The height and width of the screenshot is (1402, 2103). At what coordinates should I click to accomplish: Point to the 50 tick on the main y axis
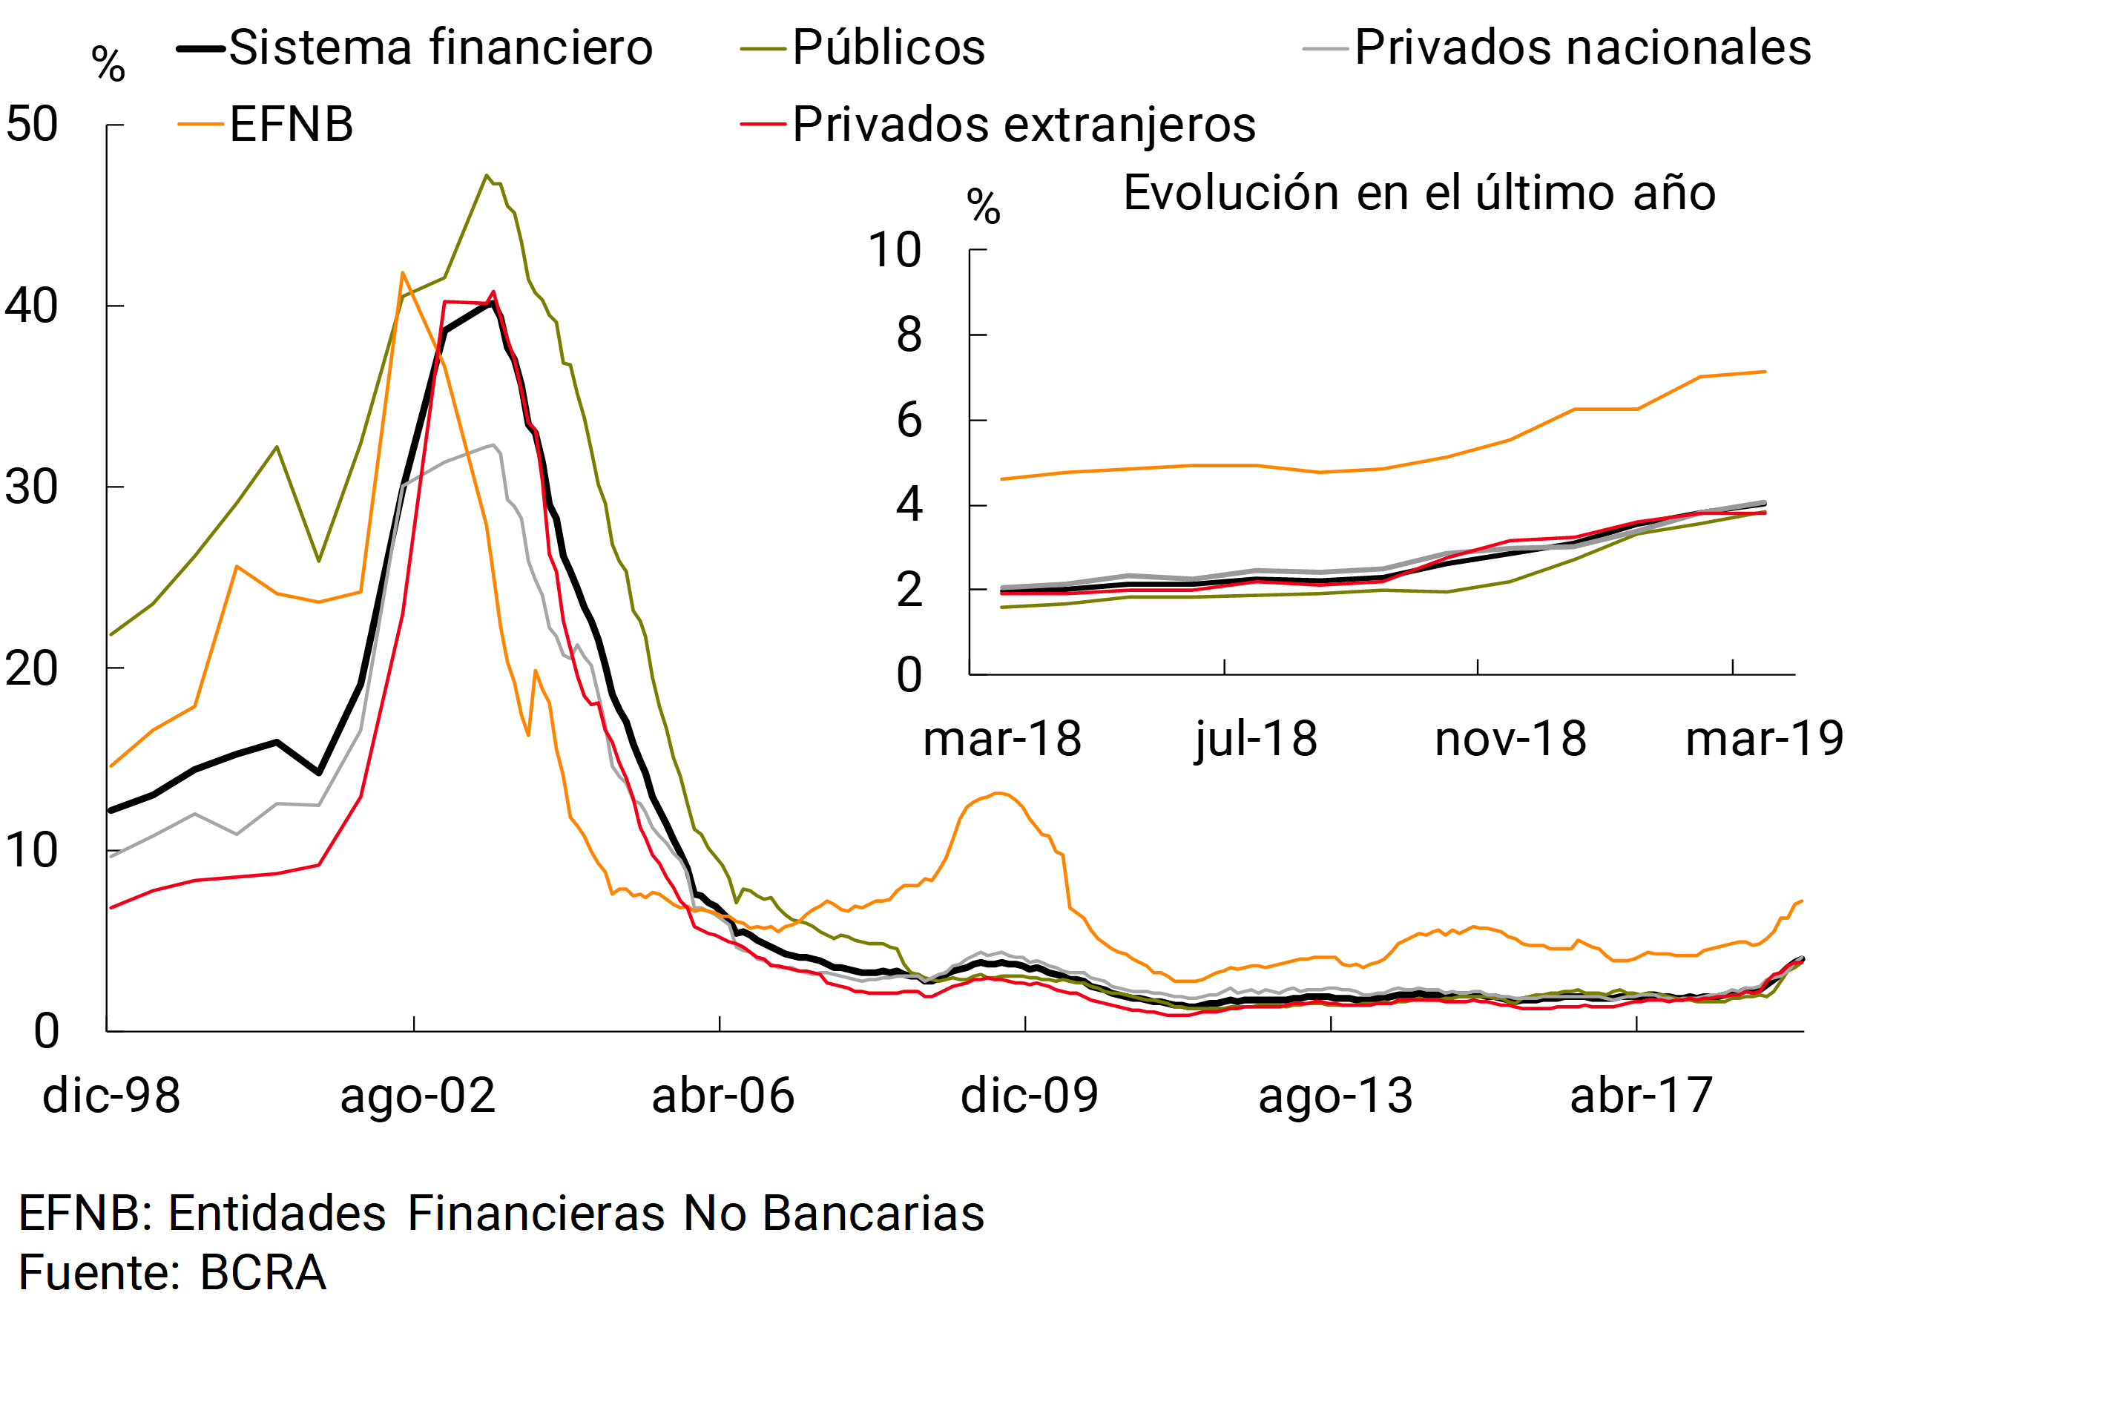(32, 125)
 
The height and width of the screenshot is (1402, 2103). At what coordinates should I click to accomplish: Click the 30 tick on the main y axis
(32, 487)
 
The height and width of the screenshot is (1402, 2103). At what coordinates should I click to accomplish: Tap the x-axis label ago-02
(418, 1096)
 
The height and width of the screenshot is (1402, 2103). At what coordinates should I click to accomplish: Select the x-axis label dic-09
(1029, 1096)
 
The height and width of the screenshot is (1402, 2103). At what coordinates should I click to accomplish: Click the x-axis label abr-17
(1641, 1096)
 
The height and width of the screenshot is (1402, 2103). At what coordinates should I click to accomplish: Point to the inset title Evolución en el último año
(1419, 193)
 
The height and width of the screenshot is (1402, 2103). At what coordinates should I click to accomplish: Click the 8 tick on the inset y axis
(909, 335)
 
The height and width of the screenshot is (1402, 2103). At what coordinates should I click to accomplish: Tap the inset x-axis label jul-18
(1257, 740)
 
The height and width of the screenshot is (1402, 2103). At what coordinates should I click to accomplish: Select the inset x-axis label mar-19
(1764, 740)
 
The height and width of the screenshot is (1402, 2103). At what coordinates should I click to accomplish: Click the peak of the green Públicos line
(487, 175)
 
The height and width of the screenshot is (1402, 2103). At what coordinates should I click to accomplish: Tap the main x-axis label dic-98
(112, 1096)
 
